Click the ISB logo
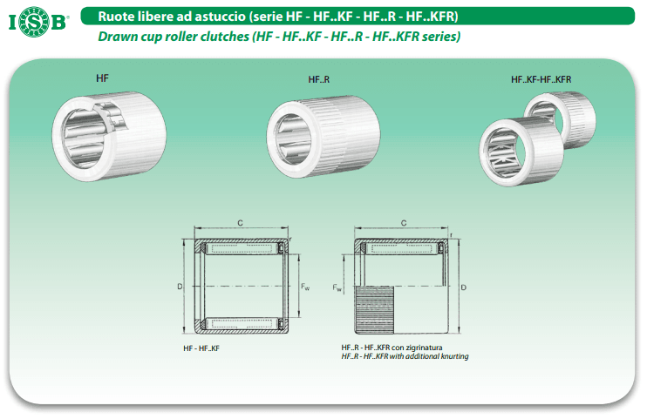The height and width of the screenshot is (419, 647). pos(38,22)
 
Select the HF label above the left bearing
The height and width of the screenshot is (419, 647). pos(102,78)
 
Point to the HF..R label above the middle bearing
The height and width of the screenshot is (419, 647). pos(319,79)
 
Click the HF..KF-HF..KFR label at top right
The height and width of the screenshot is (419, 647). pos(541,79)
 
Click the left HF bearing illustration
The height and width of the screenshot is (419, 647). pos(109,136)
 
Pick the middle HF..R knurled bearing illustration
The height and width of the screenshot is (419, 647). pos(323,137)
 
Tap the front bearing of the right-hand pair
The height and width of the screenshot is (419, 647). pos(521,152)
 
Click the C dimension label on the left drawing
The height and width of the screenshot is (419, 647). pos(240,223)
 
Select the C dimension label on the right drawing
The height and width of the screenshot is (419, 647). pos(404,223)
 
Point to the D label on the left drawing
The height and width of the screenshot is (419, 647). pos(180,287)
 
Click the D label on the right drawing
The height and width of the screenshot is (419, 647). pos(463,287)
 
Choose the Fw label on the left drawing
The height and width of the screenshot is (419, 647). pos(305,287)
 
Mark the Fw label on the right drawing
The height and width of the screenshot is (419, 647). pos(337,287)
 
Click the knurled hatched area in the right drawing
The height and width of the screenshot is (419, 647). pos(374,310)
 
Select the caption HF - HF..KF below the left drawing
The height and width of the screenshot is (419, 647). pos(201,348)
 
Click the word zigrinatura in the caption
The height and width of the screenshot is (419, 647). pos(424,348)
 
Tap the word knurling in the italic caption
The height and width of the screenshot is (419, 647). pos(454,356)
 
